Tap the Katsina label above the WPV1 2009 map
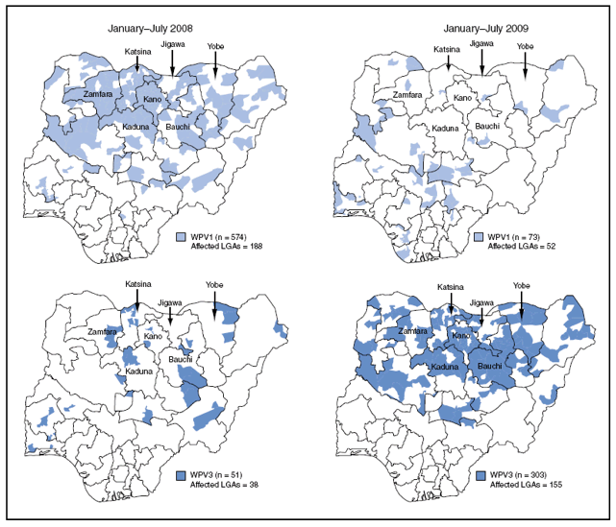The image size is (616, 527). point(445,49)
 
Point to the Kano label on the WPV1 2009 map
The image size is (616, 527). point(462,99)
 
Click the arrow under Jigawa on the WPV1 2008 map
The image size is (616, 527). point(173,63)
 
